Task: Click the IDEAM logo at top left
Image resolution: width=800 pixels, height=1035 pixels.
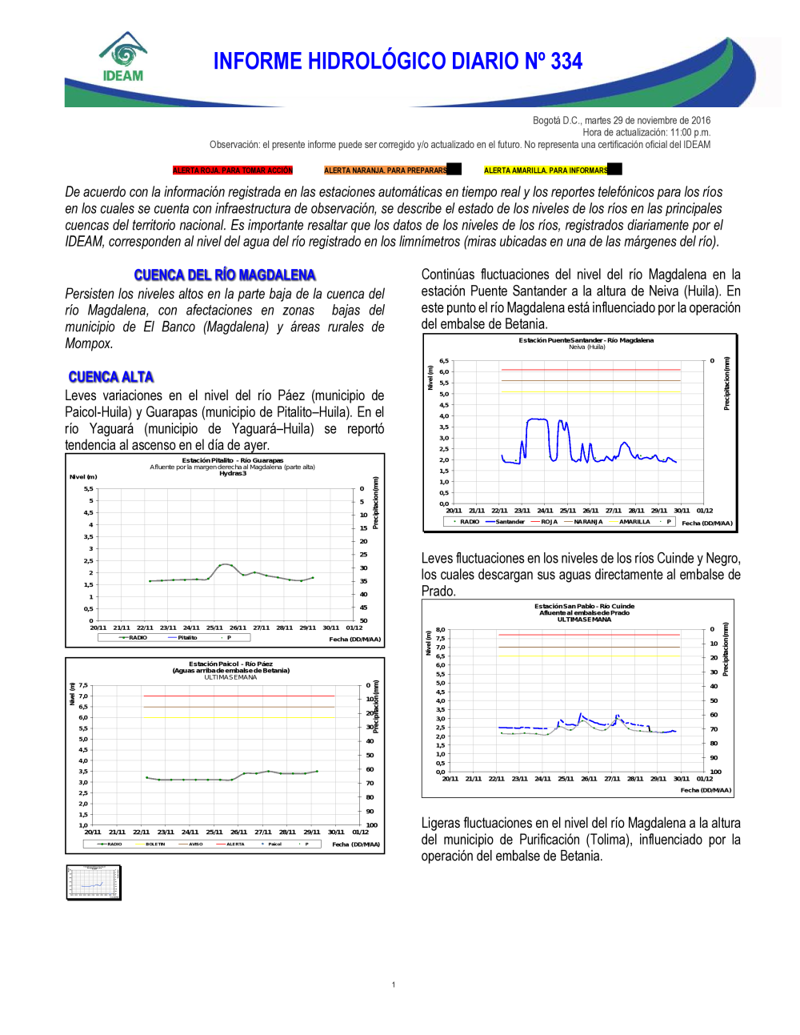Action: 123,58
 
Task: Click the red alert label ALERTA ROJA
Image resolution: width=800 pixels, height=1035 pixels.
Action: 233,170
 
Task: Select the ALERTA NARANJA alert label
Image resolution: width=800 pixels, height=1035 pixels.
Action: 386,170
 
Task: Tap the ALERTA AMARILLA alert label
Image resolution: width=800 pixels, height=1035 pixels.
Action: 546,170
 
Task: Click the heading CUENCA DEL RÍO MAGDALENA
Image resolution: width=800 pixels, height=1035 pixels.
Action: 225,275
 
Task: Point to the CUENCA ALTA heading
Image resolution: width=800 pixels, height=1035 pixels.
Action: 110,377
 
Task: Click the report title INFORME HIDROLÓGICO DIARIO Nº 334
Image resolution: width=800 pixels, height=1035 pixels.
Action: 398,62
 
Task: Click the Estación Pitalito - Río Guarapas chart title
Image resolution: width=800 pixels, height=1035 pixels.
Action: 232,460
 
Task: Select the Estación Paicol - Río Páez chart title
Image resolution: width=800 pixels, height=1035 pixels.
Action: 230,664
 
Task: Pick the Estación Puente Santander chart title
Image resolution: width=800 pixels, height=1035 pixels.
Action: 586,340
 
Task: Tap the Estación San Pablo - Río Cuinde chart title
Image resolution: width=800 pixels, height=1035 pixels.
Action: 584,606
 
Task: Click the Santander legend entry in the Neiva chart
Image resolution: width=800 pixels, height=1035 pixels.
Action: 505,522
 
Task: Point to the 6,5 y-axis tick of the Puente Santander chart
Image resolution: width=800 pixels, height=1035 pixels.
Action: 444,361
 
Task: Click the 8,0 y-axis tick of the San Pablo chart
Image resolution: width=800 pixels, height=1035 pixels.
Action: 440,630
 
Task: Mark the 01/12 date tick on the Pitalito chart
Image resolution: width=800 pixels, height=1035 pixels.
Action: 354,628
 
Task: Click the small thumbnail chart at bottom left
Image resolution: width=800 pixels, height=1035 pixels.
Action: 94,882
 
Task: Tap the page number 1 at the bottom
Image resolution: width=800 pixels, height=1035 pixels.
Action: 394,985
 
